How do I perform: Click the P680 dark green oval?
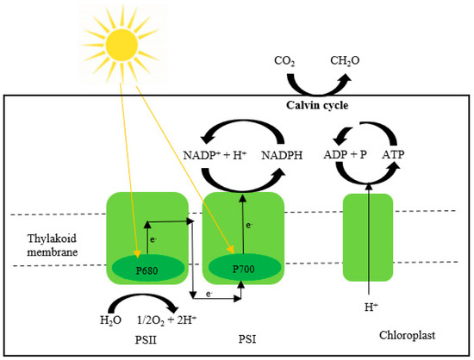147,268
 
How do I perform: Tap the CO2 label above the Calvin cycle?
284,61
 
